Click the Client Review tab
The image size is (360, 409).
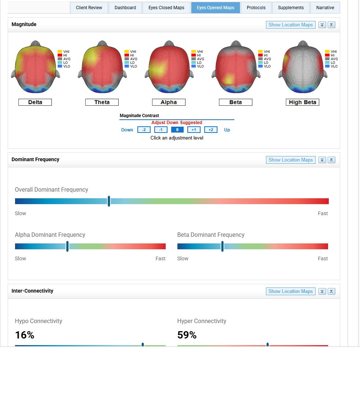point(89,8)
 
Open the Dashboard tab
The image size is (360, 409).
point(125,8)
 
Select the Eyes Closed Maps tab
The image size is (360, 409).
point(166,8)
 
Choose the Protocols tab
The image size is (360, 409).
point(256,8)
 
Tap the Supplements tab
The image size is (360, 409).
point(291,8)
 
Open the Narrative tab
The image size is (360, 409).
point(325,8)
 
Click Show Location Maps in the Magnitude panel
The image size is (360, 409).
point(291,25)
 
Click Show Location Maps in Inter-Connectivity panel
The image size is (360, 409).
point(291,292)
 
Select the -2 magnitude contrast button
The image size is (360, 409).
point(144,130)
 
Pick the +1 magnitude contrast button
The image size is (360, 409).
point(194,130)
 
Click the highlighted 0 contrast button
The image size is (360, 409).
point(177,130)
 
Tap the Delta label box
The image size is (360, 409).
point(35,102)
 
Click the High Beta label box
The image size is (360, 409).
point(302,102)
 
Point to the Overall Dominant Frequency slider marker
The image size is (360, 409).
point(109,201)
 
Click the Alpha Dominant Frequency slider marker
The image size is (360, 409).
point(68,246)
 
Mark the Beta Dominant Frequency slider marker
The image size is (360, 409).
point(223,246)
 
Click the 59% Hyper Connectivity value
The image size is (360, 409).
point(187,335)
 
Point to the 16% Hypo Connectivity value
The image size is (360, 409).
point(25,335)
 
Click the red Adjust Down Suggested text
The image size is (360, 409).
point(177,123)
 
